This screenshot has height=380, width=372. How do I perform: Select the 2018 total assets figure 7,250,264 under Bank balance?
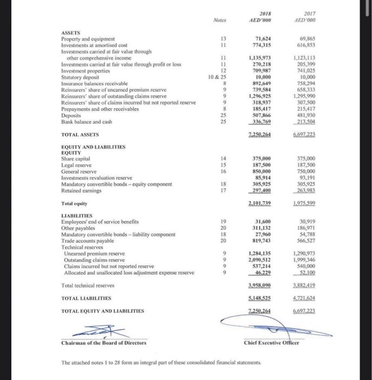click(x=260, y=134)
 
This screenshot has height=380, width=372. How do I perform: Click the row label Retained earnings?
click(x=82, y=189)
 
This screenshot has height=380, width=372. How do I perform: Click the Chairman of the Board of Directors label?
click(x=104, y=342)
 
